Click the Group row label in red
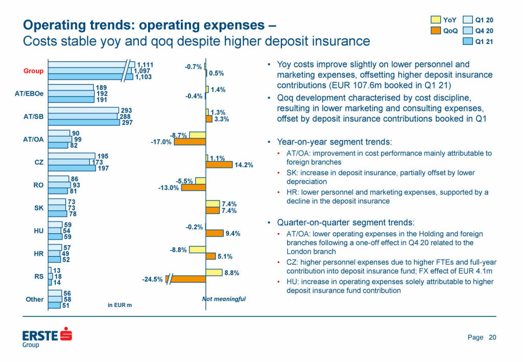tap(33, 71)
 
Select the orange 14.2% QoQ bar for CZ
tap(219, 164)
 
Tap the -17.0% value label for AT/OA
tap(161, 142)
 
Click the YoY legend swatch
tap(436, 20)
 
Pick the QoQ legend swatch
tap(436, 31)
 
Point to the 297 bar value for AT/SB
tap(127, 123)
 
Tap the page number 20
tap(492, 337)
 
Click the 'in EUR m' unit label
tap(120, 305)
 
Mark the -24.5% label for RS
tap(153, 279)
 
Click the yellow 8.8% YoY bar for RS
tap(215, 273)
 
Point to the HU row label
tap(38, 231)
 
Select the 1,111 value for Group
tap(146, 64)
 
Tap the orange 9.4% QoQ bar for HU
tap(215, 233)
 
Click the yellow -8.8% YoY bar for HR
tap(197, 250)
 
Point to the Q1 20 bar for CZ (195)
tap(72, 156)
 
